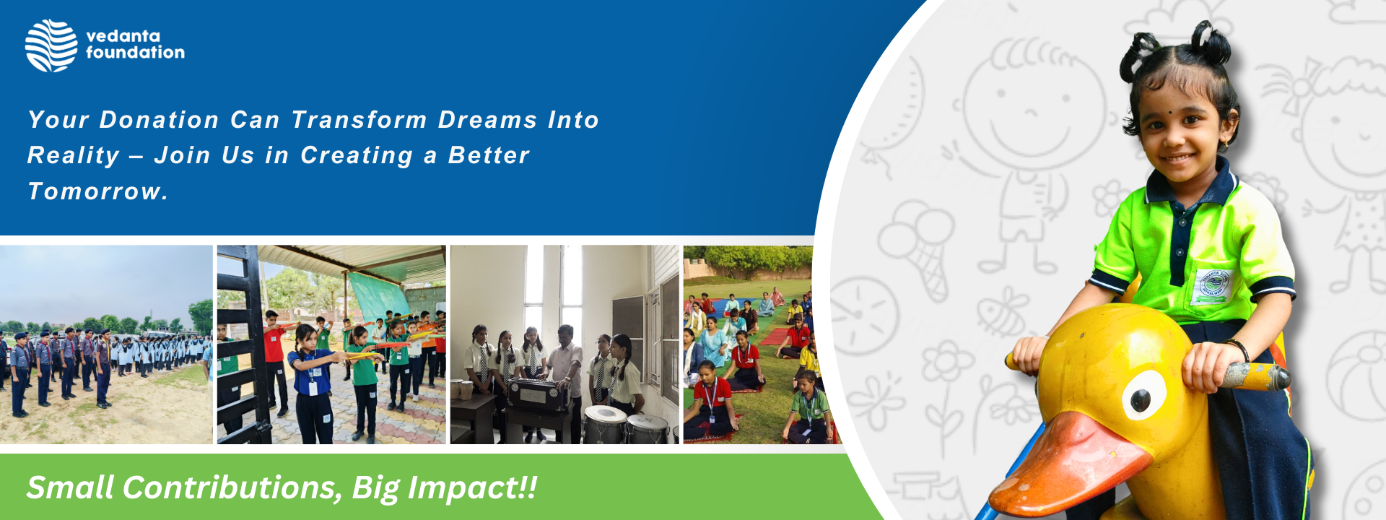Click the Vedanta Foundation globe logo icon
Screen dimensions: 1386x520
tap(51, 45)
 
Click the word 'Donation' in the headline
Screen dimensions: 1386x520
tap(159, 120)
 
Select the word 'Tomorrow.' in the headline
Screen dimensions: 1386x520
tap(97, 191)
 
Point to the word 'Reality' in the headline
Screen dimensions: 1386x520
tap(74, 156)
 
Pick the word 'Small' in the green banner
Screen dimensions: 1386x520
tap(70, 487)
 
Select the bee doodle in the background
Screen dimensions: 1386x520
tap(1001, 312)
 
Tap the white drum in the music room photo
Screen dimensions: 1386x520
tap(604, 424)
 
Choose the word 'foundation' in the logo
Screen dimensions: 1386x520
tap(136, 52)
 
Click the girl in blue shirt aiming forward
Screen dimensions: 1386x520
tap(313, 383)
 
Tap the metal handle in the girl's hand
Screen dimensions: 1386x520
tap(1257, 375)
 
